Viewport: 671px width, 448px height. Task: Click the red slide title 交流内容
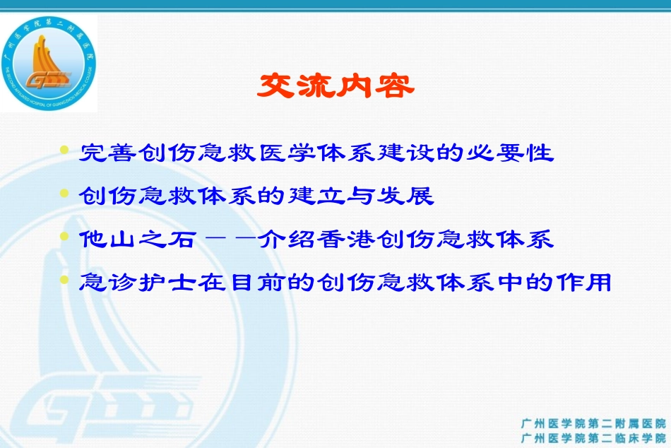(x=335, y=86)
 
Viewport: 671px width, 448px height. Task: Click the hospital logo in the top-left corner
(x=48, y=64)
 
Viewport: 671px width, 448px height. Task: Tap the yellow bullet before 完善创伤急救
(x=65, y=151)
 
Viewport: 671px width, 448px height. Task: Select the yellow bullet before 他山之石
(x=65, y=237)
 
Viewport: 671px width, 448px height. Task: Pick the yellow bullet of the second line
(x=65, y=194)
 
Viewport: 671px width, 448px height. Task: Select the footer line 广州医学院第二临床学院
(x=593, y=438)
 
